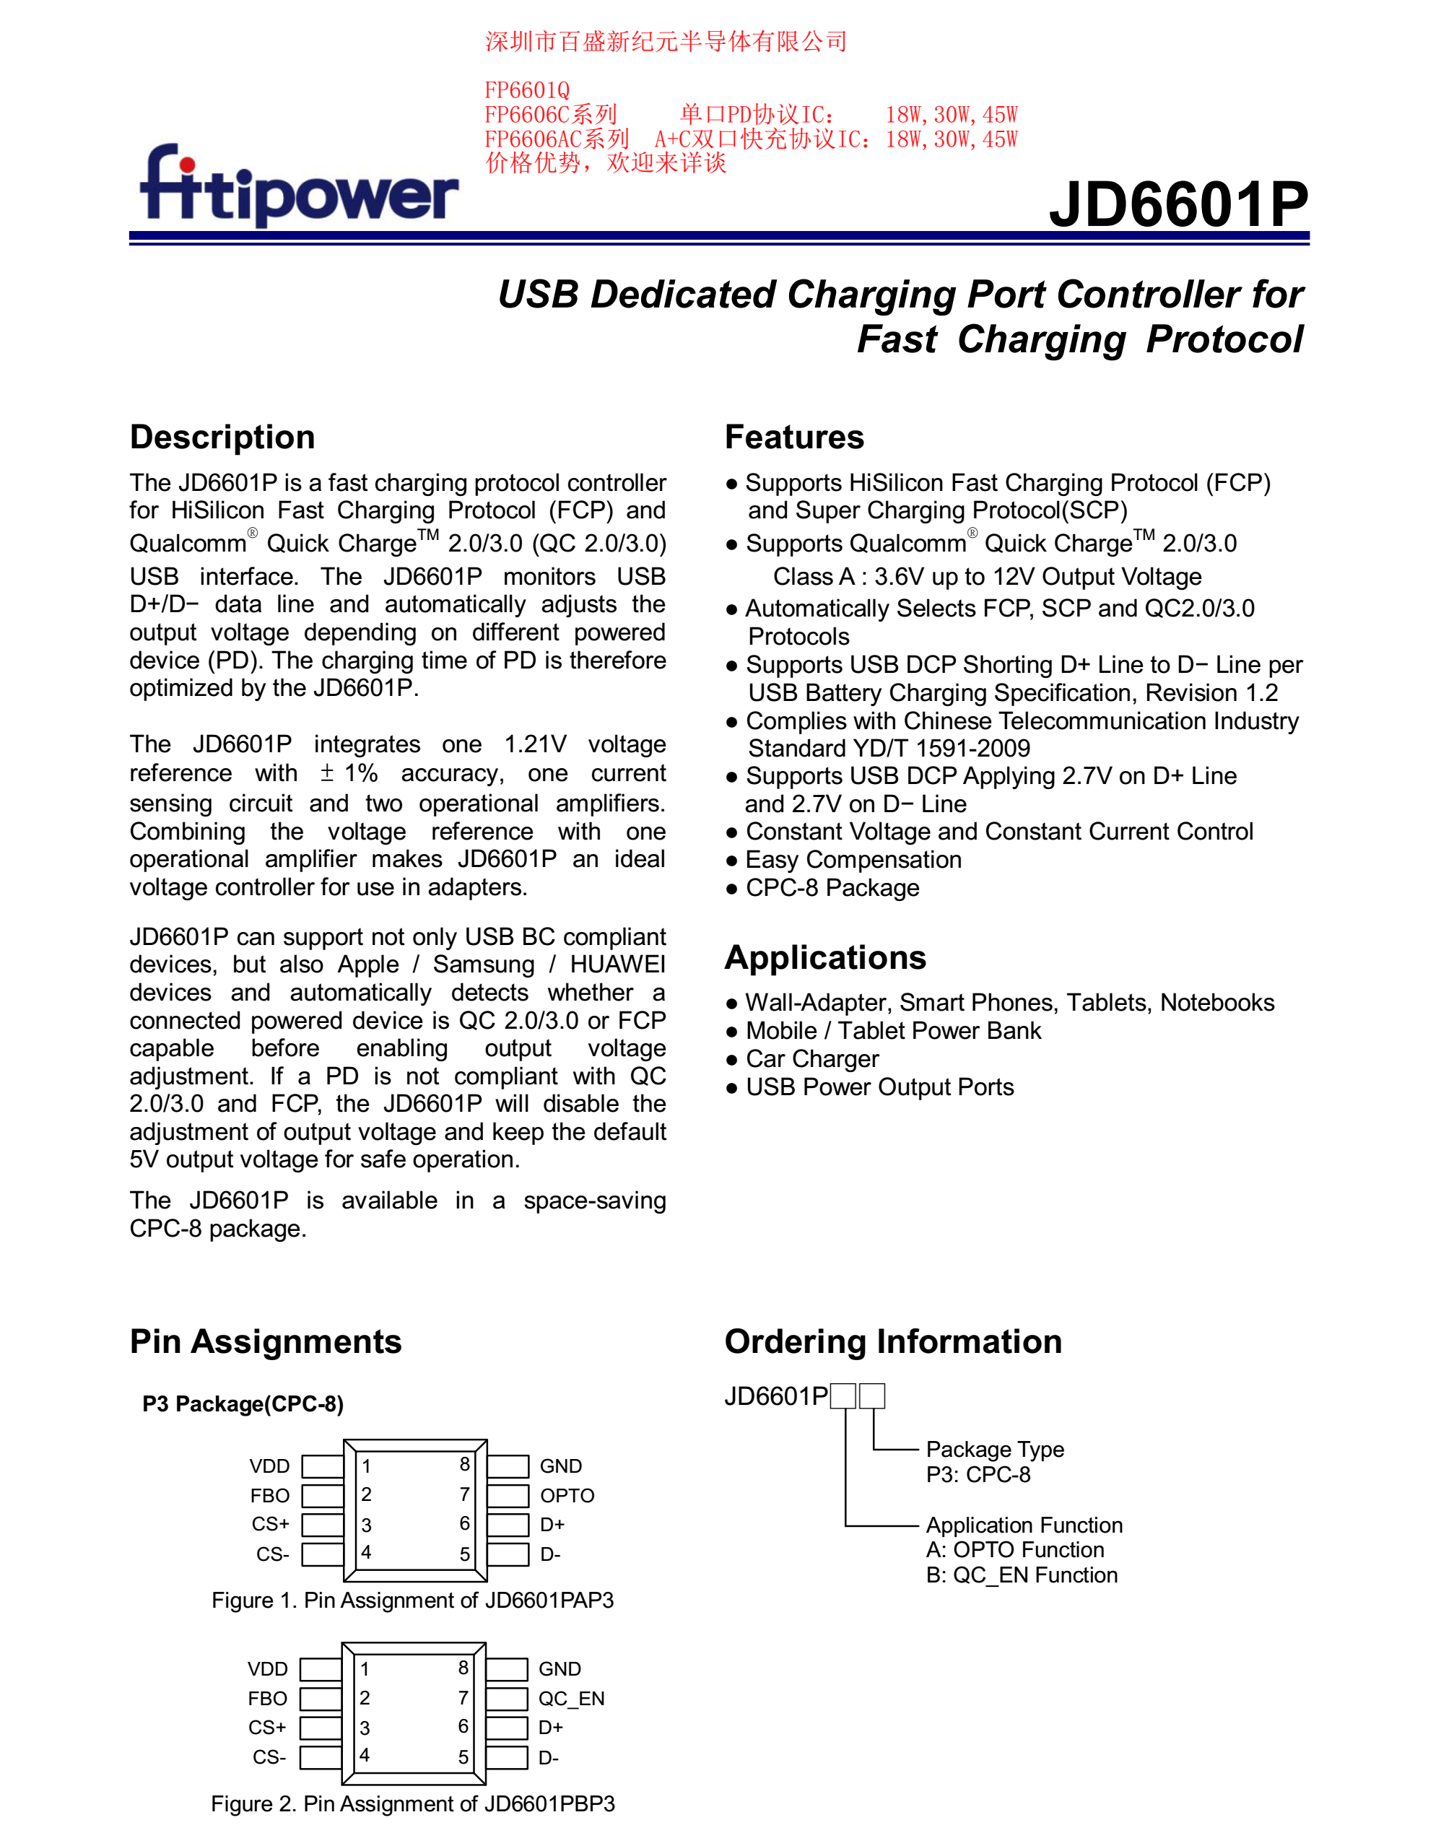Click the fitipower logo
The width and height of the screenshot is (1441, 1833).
(300, 187)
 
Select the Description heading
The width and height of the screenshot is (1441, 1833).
(223, 437)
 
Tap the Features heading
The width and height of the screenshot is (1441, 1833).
(794, 437)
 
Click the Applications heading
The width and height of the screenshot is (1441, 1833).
(825, 957)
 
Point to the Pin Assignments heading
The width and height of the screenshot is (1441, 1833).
(266, 1341)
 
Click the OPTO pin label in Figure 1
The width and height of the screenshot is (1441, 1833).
(567, 1496)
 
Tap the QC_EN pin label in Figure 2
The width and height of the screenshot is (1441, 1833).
(571, 1698)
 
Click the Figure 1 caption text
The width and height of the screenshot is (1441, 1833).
(412, 1601)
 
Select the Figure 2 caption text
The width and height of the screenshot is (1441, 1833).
(412, 1803)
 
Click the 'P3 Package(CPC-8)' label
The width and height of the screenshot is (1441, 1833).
(243, 1403)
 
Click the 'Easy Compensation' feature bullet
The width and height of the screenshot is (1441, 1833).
(853, 860)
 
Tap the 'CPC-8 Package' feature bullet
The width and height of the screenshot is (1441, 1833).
(832, 887)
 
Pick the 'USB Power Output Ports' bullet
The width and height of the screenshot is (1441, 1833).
(879, 1087)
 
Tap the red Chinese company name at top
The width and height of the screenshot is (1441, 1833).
(666, 41)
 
